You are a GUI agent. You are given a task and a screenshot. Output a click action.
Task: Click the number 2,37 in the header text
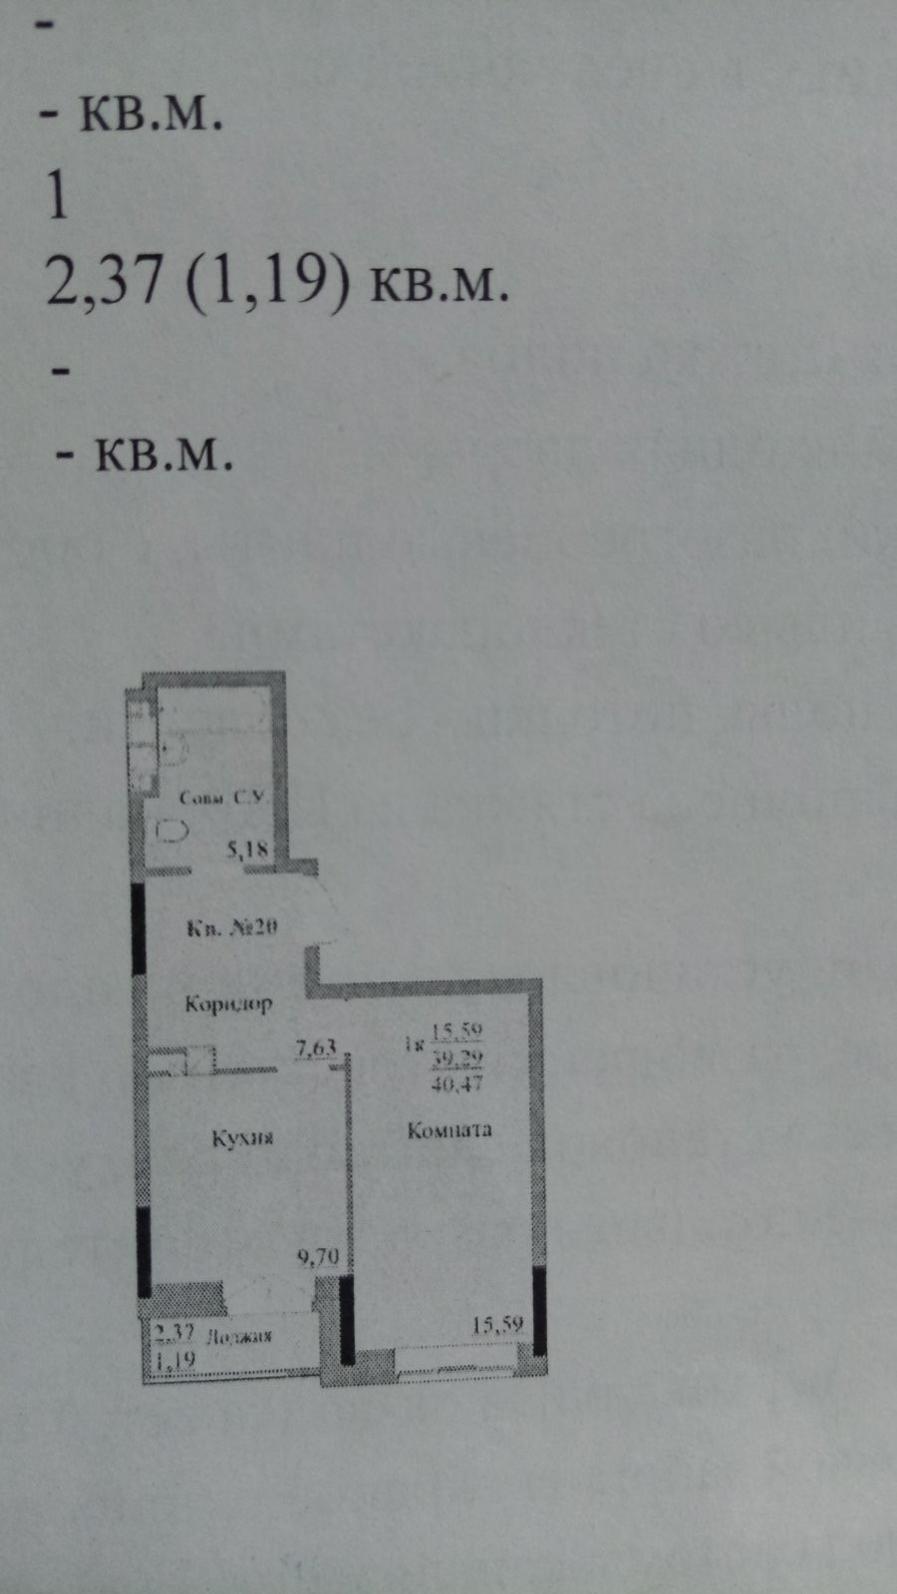coord(104,282)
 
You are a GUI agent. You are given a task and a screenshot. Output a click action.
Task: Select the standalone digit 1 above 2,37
coord(58,196)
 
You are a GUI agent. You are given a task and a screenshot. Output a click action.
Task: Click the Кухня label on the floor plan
coord(242,1138)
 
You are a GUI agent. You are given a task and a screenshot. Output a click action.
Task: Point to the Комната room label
coord(449,1130)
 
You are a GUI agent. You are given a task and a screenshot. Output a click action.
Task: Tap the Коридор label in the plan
coord(228,1004)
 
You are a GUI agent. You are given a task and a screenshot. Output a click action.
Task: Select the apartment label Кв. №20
coord(232,928)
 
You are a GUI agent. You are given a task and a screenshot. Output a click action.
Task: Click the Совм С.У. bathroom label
coord(220,798)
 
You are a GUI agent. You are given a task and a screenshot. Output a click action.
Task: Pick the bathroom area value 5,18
coord(248,850)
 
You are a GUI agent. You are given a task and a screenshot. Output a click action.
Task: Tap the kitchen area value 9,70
coord(319,1257)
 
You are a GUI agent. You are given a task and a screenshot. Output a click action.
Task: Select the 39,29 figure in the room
coord(458,1059)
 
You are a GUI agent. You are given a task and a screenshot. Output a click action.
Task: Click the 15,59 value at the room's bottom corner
coord(497,1325)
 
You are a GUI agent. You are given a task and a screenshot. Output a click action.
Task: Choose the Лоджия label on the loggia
coord(237,1336)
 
